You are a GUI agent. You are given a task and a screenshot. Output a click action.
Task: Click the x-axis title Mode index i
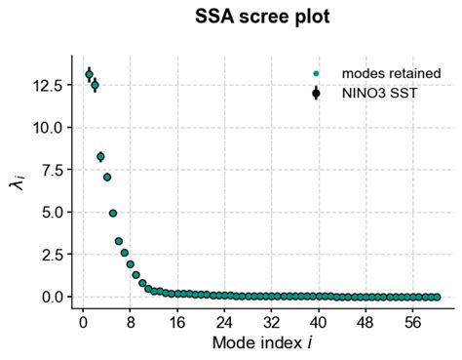tap(258, 343)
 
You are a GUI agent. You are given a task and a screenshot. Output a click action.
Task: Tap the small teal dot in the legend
tap(316, 73)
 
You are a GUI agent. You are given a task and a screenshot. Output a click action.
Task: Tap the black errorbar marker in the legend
tap(316, 94)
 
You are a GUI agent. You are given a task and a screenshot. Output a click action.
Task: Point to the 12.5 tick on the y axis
tap(48, 86)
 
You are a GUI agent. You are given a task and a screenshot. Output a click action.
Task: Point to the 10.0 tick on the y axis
tap(48, 128)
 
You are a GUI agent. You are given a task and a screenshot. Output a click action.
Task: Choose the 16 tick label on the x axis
tap(177, 320)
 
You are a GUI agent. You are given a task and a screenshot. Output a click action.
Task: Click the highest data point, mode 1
tap(89, 74)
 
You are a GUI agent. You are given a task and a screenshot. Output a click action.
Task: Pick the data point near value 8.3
tap(100, 156)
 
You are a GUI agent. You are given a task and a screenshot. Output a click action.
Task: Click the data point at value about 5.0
tap(113, 213)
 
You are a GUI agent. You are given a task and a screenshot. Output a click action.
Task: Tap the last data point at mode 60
tap(437, 297)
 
